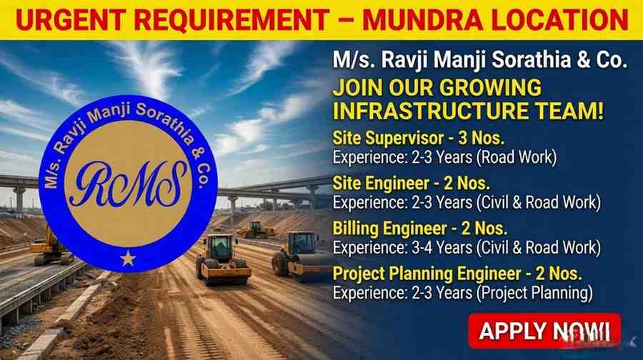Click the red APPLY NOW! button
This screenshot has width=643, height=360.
(x=544, y=331)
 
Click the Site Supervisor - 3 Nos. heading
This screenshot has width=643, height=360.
(x=409, y=137)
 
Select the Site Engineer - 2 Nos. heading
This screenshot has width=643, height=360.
(x=404, y=183)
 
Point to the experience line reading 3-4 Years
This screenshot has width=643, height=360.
(x=467, y=247)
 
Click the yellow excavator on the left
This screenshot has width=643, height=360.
(x=50, y=245)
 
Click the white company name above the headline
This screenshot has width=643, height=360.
(x=479, y=61)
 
